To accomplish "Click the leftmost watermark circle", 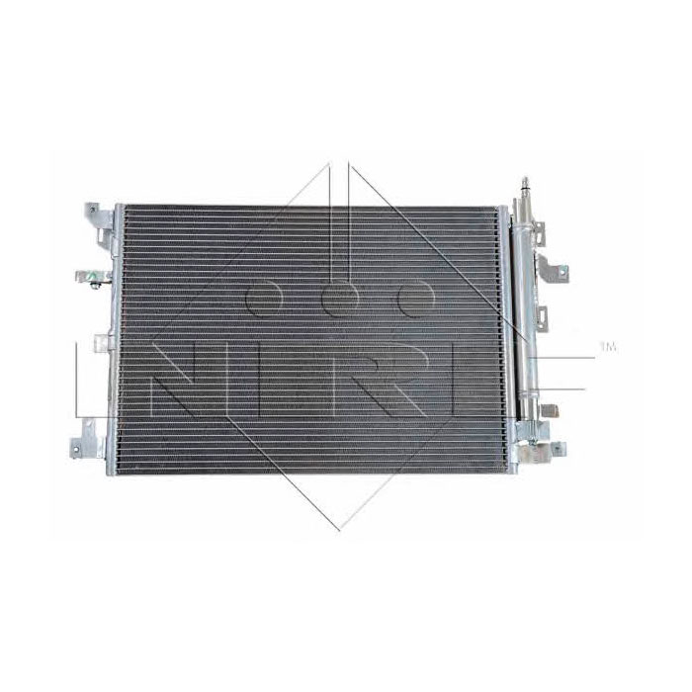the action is (264, 298).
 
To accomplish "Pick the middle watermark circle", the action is (340, 298).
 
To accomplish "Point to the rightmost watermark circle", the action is (416, 298).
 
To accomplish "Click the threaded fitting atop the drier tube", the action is (525, 185).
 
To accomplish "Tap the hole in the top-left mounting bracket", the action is (91, 210).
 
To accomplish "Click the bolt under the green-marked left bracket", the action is (94, 286).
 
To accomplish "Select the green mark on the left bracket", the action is (93, 276).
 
